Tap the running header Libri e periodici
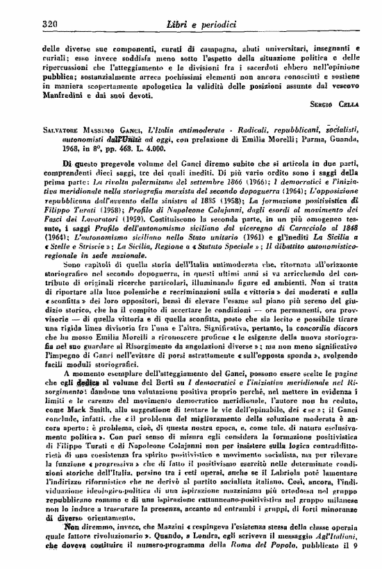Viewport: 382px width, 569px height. pyautogui.click(x=197, y=24)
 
